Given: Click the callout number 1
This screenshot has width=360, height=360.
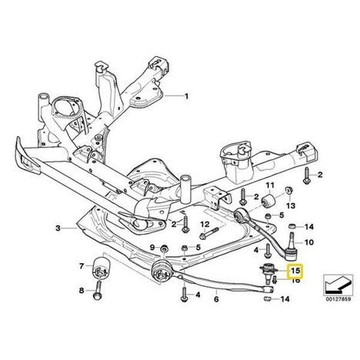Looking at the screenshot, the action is pos(186,96).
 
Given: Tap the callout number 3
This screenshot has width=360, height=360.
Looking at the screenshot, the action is pos(58,228).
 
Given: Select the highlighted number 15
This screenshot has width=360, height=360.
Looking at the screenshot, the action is pos(295,270).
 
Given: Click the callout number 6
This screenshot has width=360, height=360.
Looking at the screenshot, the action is pos(216,299).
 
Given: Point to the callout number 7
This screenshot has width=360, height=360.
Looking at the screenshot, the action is pos(82,266).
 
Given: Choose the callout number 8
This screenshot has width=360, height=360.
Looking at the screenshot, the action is pos(82,291).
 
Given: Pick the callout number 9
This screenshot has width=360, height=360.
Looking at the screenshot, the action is pos(152,248).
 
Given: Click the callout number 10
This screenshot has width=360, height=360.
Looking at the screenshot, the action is pos(308,242).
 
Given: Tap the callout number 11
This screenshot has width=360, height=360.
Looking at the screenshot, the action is pos(269,185).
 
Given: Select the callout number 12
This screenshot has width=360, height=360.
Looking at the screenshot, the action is pos(205,225).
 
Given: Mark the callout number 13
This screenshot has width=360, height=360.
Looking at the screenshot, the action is pos(291,205).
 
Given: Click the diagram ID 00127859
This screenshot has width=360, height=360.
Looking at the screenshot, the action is pos(338,299).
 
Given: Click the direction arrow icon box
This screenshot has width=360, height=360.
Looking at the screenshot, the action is pos(338,285).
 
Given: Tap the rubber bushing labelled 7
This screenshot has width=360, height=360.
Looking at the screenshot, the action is pos(101,268).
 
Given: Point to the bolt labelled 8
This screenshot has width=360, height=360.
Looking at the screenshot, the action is pos(98,292).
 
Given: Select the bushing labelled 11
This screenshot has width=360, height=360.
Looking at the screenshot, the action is pos(268,200).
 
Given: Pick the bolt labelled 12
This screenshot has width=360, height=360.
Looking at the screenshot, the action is pos(209,233).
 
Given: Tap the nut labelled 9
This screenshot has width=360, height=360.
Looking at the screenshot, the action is pos(164,248).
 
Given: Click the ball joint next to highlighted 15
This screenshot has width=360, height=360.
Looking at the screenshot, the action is pos(267,273).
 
